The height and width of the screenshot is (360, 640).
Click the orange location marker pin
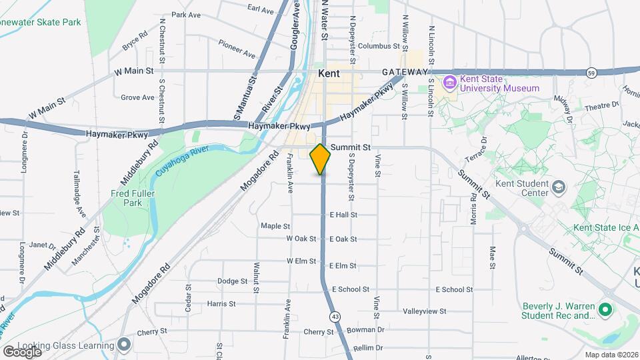(x=321, y=159)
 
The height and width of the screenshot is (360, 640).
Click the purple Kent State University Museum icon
(x=449, y=83)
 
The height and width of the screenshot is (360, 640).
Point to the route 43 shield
(x=334, y=316)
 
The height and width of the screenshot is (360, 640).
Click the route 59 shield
(x=591, y=72)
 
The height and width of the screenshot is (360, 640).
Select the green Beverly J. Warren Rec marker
(x=605, y=310)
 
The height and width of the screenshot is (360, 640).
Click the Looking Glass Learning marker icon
(x=123, y=345)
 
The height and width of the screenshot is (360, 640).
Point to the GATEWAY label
(x=405, y=71)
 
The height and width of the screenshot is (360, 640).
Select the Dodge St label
(x=232, y=281)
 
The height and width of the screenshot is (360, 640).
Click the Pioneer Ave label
(x=237, y=48)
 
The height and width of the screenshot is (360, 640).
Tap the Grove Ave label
(x=137, y=97)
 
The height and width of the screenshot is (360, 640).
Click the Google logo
(x=22, y=351)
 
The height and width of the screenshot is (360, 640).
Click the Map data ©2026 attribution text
(x=611, y=355)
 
